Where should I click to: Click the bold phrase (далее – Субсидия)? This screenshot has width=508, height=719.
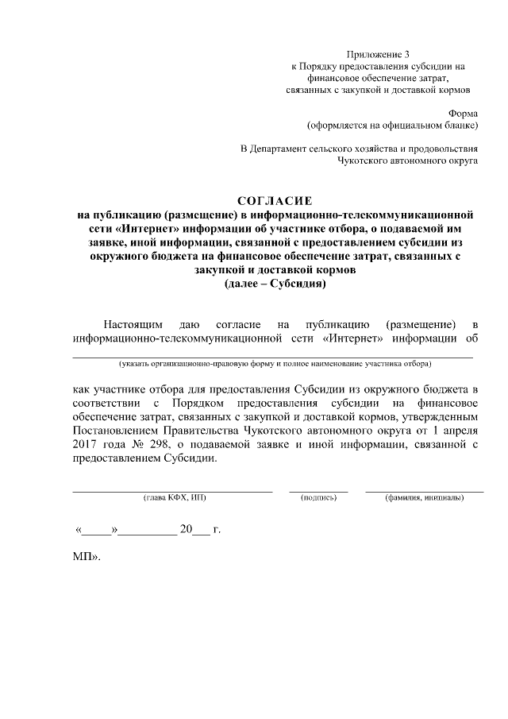275,283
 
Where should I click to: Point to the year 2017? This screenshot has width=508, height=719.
86,445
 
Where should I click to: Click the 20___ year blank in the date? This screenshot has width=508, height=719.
194,528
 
